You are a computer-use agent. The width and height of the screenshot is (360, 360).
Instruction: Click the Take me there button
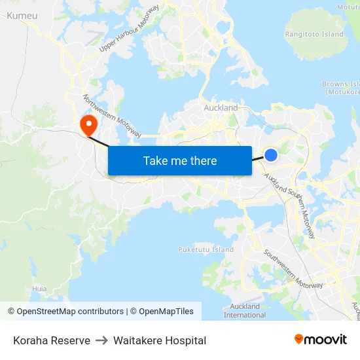[179, 160]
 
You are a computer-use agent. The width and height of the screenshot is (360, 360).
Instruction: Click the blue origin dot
[271, 154]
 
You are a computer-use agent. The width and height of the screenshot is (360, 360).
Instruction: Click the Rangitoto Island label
[314, 34]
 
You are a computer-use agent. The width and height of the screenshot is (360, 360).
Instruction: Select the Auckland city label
[221, 107]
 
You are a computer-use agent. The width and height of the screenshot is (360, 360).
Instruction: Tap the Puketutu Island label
[206, 249]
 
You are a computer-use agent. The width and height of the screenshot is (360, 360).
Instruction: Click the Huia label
[39, 288]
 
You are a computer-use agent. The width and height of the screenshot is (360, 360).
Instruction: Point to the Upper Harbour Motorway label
[129, 29]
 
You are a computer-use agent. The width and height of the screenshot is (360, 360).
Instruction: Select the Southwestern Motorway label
[293, 269]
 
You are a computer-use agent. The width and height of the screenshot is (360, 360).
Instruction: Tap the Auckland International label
[245, 310]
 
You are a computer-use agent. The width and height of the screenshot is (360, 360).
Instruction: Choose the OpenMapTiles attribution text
[162, 312]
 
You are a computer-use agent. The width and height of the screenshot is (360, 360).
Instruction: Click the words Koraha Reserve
[52, 340]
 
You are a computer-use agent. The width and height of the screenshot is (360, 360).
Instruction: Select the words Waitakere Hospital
[160, 340]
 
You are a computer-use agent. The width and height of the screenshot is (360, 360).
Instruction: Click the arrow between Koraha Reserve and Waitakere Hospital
[101, 340]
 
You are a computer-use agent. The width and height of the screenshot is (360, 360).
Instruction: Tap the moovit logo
[321, 339]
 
